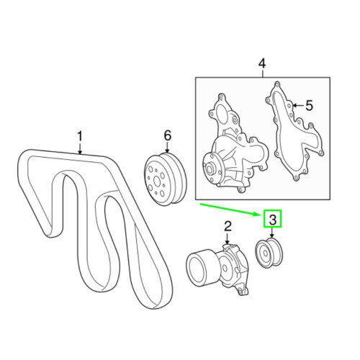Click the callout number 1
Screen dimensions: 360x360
tap(80, 135)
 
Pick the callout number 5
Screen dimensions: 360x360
tap(308, 106)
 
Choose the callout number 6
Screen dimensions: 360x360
tap(168, 135)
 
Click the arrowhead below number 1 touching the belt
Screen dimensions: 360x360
tap(80, 151)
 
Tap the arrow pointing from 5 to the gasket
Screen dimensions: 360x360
tap(293, 106)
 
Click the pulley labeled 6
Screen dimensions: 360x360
tap(164, 177)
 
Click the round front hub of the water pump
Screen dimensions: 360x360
tap(212, 171)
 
